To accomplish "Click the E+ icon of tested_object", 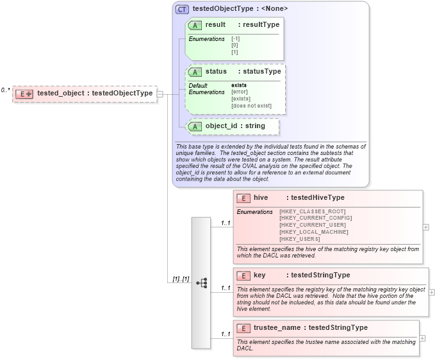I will click(x=24, y=94).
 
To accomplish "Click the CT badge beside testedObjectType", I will click(x=182, y=9).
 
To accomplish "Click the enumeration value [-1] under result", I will click(x=235, y=39).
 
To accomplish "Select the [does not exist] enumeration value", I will click(x=251, y=106).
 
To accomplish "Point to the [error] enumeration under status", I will click(x=240, y=92).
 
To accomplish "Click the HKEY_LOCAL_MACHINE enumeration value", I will click(x=313, y=232).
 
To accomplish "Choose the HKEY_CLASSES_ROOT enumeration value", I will click(x=312, y=211).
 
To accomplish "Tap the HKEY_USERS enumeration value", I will click(x=300, y=239).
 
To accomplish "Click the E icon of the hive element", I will click(x=243, y=198).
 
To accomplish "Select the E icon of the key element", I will click(x=243, y=275).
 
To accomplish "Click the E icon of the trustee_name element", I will click(x=243, y=328).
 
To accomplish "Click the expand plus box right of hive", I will click(x=426, y=227).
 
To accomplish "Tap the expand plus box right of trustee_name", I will click(x=422, y=338).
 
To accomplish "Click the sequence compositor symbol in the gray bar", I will click(x=201, y=282).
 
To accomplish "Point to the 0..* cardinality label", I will click(x=6, y=90).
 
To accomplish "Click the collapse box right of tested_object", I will click(x=160, y=94).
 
